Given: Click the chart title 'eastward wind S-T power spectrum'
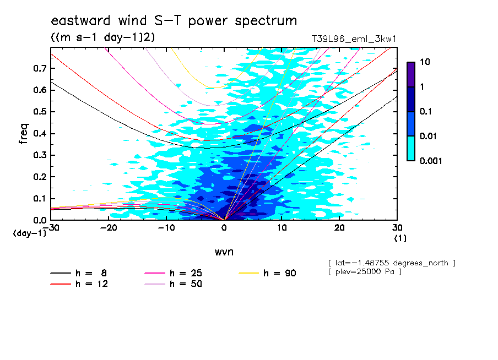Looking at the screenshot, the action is pos(174,21).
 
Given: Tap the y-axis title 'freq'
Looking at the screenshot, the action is pos(24,134).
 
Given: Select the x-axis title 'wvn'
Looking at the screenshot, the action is pos(224,252).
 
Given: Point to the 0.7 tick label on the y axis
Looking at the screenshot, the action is pos(40,68).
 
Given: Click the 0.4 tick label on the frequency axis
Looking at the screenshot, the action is pos(40,133).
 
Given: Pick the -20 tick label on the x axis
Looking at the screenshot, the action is pos(109,228).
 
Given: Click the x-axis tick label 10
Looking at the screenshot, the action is pos(282,228).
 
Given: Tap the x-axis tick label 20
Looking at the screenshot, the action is pos(339,228).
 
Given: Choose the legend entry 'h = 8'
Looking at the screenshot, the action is pos(79,273).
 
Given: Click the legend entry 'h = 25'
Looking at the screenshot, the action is pos(174,273).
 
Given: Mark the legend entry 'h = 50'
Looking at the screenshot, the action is pos(174,284).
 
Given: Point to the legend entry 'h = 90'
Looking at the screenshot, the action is pos(267,273).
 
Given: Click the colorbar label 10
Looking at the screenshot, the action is pos(425,62).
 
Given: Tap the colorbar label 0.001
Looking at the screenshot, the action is pos(431,161).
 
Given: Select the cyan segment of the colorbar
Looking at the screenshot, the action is pos(411,149).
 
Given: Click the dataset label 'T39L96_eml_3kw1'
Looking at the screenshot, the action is pos(354,39).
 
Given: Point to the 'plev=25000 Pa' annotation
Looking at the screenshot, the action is pos(365,272).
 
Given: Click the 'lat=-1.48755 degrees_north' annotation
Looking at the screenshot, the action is pos(392,263).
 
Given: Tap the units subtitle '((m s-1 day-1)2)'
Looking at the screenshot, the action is pos(103,37).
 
